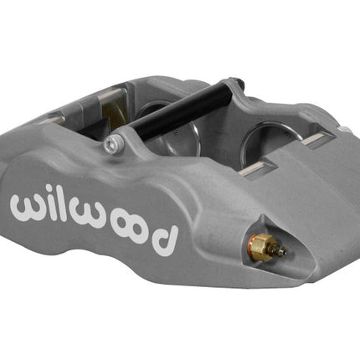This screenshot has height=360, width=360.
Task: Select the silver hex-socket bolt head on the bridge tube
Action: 113,144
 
